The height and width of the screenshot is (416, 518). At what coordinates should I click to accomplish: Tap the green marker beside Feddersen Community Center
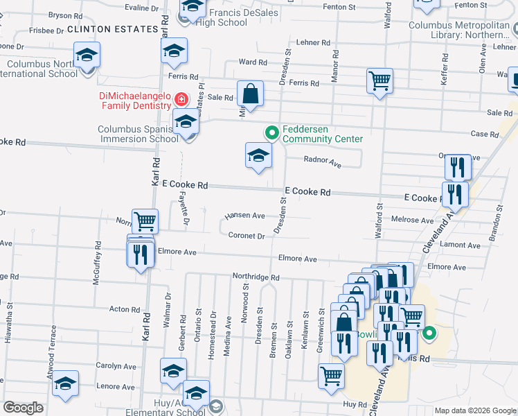[272, 132]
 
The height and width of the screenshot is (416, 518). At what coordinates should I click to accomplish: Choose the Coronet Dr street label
[247, 236]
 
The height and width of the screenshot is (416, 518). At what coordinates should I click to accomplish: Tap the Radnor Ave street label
[323, 163]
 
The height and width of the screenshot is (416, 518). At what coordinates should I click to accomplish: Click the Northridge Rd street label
[256, 277]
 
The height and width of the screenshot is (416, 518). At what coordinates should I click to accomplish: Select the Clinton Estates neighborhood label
[113, 29]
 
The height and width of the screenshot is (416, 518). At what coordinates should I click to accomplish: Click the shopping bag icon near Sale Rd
[250, 94]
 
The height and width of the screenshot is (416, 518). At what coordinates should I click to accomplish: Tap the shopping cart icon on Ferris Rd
[379, 81]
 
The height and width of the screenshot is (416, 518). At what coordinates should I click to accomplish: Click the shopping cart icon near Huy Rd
[331, 376]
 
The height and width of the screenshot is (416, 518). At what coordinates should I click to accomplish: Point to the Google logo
[23, 408]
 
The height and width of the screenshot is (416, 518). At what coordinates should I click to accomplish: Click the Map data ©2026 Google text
[475, 410]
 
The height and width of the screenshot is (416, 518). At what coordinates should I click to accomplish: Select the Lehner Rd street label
[313, 42]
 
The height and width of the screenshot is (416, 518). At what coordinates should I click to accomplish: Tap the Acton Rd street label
[119, 309]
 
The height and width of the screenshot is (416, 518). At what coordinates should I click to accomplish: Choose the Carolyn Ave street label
[116, 366]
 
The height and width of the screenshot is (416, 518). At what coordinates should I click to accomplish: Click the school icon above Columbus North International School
[87, 54]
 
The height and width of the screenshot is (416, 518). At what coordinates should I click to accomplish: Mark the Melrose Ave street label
[412, 220]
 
